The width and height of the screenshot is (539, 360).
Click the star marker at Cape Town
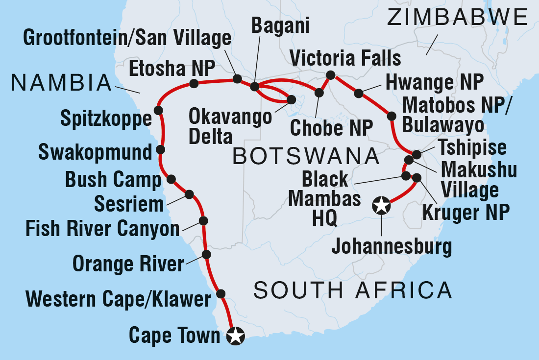click(236, 336)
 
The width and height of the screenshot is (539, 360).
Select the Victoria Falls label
click(345, 58)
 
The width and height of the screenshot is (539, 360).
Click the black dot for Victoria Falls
click(330, 75)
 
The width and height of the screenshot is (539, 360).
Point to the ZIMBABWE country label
click(457, 18)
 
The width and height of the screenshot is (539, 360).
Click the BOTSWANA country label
click(306, 157)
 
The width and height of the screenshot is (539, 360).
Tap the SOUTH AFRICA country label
click(353, 290)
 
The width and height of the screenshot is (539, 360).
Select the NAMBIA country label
click(62, 83)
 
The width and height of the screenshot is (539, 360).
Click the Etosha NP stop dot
click(194, 84)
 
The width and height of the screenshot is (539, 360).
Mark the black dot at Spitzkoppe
click(158, 110)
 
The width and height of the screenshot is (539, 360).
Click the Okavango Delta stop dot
click(291, 99)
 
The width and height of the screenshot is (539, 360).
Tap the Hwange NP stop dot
click(359, 93)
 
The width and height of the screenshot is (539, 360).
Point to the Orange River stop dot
click(206, 254)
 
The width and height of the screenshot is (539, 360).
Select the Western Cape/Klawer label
click(118, 298)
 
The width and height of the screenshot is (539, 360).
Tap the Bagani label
click(280, 25)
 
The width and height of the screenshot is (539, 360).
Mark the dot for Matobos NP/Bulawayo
click(392, 116)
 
